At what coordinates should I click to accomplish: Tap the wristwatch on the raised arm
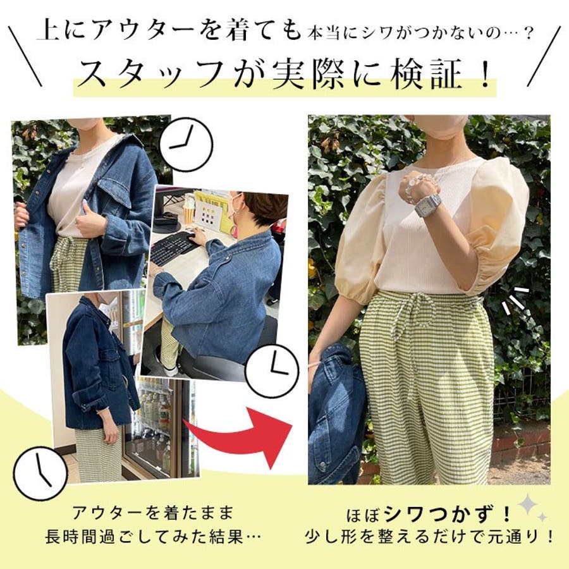[428, 205]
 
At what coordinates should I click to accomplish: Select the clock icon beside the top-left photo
[186, 144]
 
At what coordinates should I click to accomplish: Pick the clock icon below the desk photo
[272, 371]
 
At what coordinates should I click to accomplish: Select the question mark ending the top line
[529, 34]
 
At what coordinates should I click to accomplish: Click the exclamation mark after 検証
[484, 75]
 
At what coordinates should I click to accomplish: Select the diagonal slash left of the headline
[25, 57]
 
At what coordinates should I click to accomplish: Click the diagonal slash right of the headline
[544, 57]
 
